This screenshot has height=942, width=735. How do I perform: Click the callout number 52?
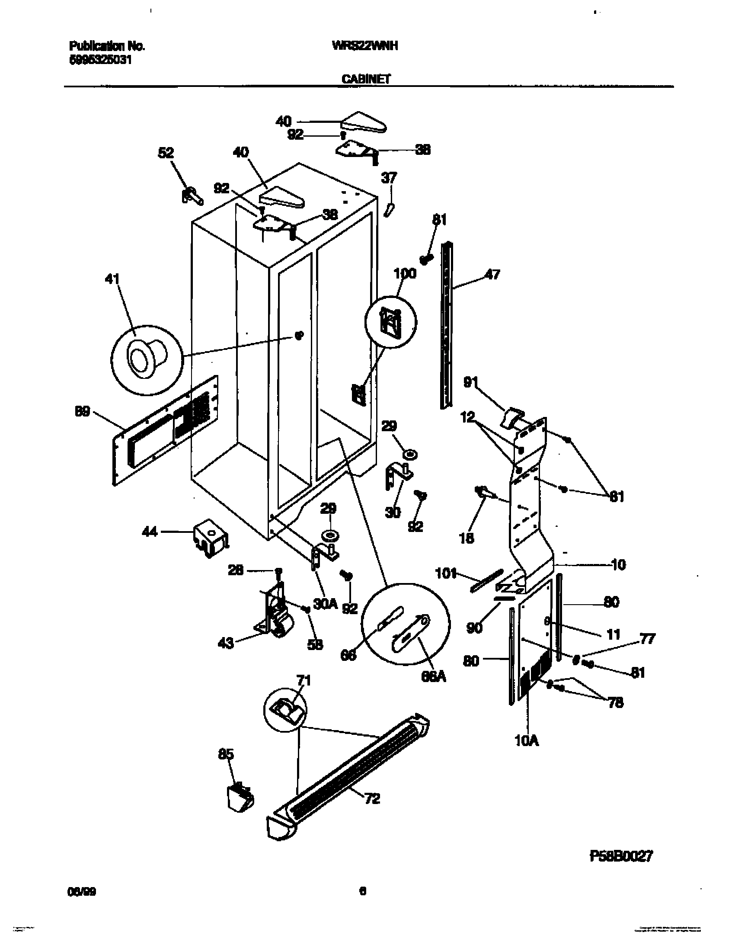click(x=166, y=153)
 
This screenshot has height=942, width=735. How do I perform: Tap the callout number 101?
click(x=446, y=574)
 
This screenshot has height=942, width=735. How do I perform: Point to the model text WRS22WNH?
click(x=364, y=46)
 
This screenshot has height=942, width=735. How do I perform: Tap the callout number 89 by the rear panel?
click(x=82, y=412)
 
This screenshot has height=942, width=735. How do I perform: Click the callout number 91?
click(x=471, y=382)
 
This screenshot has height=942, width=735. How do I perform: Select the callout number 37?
click(x=389, y=178)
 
